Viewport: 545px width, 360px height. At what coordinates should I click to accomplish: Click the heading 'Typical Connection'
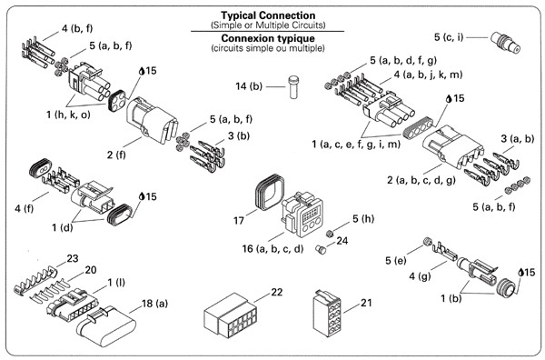[x=268, y=15]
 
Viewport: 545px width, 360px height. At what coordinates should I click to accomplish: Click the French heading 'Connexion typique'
[x=268, y=38]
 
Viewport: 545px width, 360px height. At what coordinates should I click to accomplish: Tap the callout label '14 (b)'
[x=249, y=86]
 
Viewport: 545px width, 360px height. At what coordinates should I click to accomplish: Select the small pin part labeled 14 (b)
[x=293, y=87]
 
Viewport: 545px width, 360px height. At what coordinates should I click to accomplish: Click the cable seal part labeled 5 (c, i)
[x=506, y=43]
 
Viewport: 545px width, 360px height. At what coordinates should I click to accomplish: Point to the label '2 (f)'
[x=116, y=154]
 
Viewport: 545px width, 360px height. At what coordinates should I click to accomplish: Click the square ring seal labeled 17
[x=270, y=192]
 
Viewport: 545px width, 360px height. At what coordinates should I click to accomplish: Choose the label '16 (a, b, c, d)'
[x=272, y=249]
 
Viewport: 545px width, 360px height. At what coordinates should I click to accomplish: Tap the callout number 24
[x=342, y=241]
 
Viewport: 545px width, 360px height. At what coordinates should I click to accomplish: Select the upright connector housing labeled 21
[x=328, y=313]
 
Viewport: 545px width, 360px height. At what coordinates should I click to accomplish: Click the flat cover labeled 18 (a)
[x=106, y=327]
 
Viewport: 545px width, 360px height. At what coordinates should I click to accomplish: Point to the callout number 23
[x=73, y=258]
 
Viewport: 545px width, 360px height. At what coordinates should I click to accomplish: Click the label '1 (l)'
[x=116, y=282]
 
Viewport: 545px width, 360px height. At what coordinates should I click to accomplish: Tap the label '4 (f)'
[x=25, y=208]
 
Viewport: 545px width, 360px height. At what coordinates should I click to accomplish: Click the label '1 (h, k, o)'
[x=68, y=114]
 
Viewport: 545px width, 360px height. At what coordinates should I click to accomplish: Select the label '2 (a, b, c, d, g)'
[x=421, y=180]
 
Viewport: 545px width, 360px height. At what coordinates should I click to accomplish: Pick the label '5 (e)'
[x=395, y=260]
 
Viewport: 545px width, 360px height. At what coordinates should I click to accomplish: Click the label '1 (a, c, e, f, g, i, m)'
[x=356, y=144]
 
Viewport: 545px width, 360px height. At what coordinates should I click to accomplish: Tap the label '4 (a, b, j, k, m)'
[x=428, y=75]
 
